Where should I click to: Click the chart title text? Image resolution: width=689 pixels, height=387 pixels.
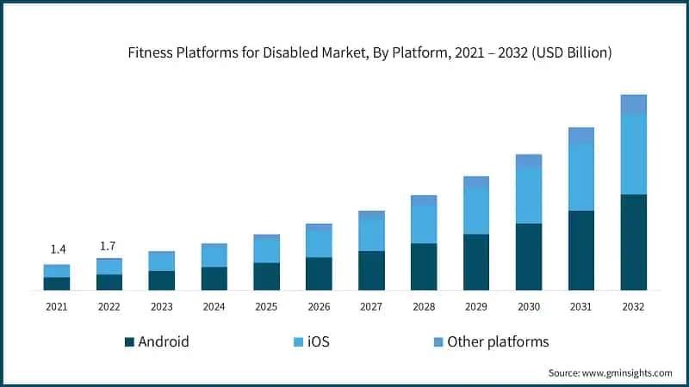[370, 52]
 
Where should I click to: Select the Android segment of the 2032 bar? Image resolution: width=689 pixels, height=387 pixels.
[633, 243]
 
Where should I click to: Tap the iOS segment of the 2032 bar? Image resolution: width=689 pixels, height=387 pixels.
[633, 155]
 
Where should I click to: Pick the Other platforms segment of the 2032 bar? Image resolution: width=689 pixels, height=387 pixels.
[633, 104]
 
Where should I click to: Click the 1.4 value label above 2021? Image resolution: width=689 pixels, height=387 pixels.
[58, 249]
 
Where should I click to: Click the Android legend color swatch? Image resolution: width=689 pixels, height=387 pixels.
[130, 342]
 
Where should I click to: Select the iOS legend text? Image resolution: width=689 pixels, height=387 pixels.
[318, 342]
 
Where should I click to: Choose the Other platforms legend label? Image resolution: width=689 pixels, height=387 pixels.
[498, 342]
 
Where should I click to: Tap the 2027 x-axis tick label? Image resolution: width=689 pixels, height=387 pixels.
[371, 306]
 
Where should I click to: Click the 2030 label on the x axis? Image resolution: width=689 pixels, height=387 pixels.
[529, 306]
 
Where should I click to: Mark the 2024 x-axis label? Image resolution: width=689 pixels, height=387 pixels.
[214, 306]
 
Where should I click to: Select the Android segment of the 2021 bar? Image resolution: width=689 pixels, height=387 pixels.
[58, 284]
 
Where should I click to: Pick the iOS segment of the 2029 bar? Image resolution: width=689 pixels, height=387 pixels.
[476, 211]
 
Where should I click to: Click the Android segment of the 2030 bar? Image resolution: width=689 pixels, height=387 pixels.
[529, 256]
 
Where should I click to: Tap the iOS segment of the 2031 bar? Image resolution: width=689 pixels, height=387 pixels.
[581, 177]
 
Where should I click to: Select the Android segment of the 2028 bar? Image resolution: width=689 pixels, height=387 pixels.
[424, 267]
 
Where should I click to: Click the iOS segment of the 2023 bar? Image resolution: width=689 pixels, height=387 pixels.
[162, 261]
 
